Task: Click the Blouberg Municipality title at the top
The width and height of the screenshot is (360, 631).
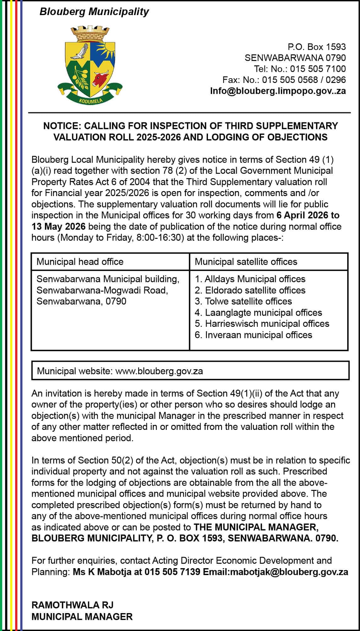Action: (94, 12)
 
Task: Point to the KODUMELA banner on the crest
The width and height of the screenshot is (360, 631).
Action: (90, 101)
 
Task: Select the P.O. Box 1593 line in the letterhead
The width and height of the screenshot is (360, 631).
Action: (317, 47)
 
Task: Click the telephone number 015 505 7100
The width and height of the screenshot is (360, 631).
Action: (318, 69)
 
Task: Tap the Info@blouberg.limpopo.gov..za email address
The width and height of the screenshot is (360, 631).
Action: (278, 91)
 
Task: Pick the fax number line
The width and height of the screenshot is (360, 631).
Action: (284, 80)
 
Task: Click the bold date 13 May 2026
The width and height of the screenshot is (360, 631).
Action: (58, 226)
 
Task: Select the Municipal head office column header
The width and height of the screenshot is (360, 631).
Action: (80, 262)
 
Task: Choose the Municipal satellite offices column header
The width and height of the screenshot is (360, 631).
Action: (246, 262)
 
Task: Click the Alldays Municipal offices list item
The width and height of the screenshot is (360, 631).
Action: (250, 279)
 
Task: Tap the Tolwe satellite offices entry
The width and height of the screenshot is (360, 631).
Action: (243, 301)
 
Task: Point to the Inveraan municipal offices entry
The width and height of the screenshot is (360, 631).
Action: (254, 335)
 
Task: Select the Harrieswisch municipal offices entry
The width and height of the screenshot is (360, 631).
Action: (262, 324)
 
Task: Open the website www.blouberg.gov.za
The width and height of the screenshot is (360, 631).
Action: (159, 371)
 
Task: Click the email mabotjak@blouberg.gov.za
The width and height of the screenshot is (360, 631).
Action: (289, 572)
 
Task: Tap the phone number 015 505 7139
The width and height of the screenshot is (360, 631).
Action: (172, 572)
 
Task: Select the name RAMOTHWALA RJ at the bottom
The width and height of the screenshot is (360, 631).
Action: (73, 605)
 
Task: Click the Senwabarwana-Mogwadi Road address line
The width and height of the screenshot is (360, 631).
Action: (102, 290)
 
